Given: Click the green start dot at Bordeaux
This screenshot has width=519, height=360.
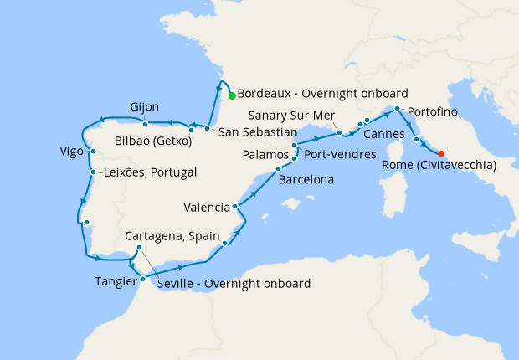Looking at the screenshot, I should tap(232, 95).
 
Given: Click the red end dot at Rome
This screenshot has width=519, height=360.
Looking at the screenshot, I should tap(441, 153).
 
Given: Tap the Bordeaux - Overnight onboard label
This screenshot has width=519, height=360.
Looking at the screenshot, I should tap(322, 94).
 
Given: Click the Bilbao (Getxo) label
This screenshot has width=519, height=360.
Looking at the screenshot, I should tap(154, 141).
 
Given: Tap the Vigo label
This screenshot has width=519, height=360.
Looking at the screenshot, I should tap(72, 152).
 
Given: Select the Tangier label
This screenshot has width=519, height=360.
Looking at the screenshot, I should tap(116, 281).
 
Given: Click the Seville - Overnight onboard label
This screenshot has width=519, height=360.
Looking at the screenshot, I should tap(234, 284).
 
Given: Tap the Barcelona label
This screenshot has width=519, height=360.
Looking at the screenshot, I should tap(306, 180).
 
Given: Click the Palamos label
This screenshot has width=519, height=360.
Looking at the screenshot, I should tap(265, 155).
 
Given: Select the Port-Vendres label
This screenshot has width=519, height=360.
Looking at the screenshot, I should tap(339, 155).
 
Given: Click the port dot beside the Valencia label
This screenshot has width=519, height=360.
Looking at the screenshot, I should tap(236, 206).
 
